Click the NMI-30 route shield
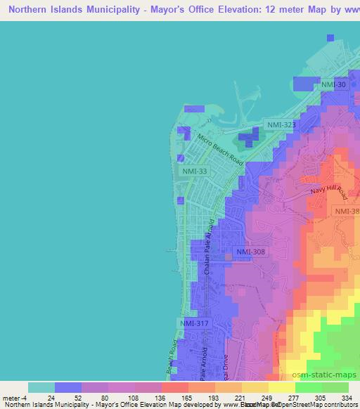point(333,85)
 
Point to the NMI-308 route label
point(250,252)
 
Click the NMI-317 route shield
point(194,323)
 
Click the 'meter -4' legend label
point(13,398)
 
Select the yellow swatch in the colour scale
point(282,387)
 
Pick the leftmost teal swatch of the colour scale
point(41,387)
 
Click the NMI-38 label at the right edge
point(347,212)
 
